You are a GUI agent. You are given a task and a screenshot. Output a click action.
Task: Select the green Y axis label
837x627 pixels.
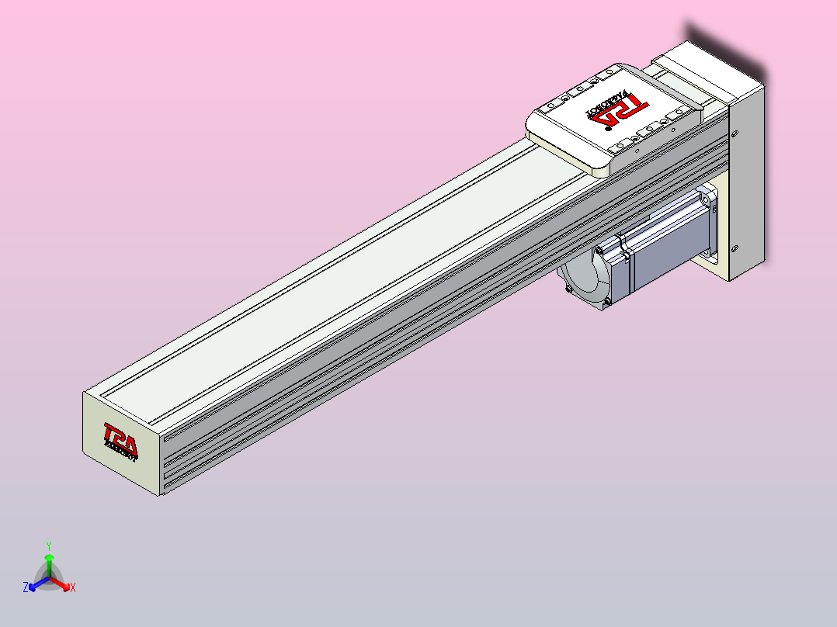point(48,545)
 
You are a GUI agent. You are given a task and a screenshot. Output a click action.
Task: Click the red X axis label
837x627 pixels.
point(73,588)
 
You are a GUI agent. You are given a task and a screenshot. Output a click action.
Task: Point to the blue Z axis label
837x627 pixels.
point(26,588)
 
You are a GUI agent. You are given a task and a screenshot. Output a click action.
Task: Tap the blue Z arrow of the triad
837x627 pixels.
point(34,584)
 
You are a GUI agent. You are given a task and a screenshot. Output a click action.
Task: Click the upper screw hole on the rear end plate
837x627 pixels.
point(735,133)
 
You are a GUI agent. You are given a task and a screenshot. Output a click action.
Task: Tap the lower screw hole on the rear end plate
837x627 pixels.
point(735,249)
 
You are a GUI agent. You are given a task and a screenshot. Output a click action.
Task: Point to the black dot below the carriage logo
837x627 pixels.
point(606,129)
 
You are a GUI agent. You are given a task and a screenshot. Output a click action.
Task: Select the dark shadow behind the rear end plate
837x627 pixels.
point(722,47)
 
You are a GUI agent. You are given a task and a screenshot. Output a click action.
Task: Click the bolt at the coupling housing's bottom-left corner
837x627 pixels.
point(569,289)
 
